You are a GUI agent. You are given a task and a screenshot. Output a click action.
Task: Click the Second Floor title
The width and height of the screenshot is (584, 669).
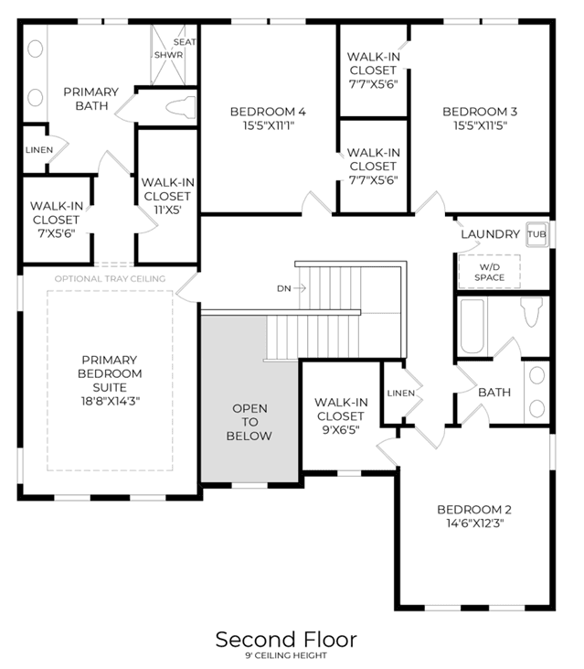tap(286, 639)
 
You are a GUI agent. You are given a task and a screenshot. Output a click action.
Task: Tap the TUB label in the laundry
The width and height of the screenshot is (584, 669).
tap(536, 233)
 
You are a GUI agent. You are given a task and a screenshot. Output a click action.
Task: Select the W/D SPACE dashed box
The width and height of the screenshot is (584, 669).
tap(490, 272)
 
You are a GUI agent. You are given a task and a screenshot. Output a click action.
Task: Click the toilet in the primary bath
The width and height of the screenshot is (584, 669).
tap(181, 107)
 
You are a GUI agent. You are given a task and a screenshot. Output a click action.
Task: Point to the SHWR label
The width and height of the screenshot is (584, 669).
tap(169, 55)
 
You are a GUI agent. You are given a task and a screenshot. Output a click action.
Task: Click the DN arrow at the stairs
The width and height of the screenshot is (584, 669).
tap(300, 288)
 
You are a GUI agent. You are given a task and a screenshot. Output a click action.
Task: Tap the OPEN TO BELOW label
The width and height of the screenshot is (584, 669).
tap(250, 422)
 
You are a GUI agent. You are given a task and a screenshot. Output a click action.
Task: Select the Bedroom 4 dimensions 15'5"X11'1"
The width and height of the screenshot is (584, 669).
tap(269, 125)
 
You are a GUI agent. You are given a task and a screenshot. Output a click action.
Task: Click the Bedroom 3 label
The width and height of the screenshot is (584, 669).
tap(480, 112)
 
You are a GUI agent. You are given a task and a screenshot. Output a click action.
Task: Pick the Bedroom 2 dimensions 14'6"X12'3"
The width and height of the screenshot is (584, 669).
tap(475, 523)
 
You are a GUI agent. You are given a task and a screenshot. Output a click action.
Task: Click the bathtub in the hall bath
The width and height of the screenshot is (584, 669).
tap(472, 327)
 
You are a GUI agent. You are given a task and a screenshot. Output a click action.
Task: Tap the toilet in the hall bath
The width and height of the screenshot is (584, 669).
tap(532, 312)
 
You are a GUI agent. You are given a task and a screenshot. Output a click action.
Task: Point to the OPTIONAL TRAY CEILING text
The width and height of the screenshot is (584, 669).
tap(110, 278)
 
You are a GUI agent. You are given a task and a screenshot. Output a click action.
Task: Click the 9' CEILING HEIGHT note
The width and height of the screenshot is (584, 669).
tap(286, 655)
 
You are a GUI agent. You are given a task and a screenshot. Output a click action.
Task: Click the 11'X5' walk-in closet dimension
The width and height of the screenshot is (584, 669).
tap(167, 210)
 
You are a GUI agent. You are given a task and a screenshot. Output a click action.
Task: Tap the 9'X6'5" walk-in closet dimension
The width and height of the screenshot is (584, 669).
tap(341, 430)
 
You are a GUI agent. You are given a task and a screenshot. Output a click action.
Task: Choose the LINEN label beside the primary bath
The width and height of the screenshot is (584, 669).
tap(39, 150)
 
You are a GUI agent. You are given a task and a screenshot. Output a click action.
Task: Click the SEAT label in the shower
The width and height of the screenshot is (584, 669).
tap(185, 42)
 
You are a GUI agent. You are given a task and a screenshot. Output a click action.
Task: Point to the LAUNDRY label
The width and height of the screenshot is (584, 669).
tap(491, 233)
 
